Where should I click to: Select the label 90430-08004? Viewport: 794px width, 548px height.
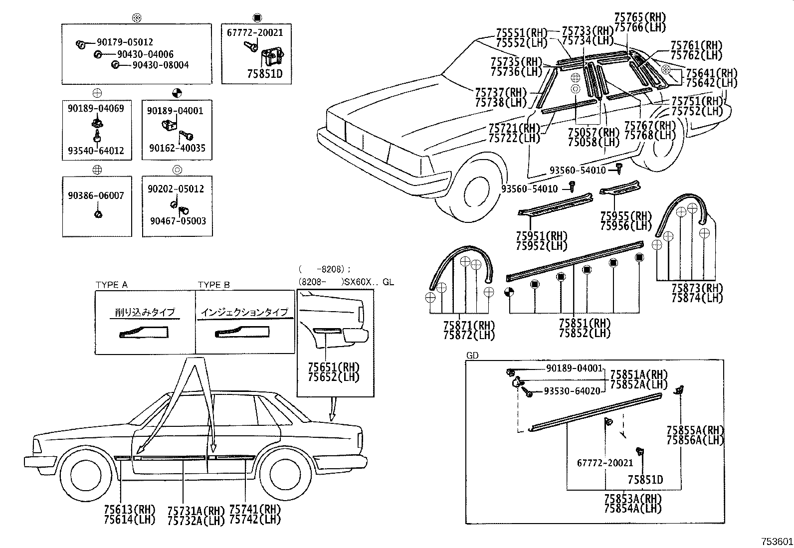[x=161, y=65]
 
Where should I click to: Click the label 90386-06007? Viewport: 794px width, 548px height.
[x=96, y=196]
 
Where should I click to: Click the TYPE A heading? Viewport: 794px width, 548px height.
[x=111, y=285]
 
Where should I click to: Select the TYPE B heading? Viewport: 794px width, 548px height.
[x=214, y=285]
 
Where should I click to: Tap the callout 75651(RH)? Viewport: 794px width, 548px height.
[x=334, y=367]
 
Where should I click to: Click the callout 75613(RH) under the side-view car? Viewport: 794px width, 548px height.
[x=130, y=510]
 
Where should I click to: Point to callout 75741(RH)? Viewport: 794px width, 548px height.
[x=255, y=510]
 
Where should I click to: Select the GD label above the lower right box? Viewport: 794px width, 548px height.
[x=472, y=356]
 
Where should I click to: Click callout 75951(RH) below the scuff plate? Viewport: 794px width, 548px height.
[x=542, y=236]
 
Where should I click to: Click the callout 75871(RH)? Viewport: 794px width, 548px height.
[x=469, y=326]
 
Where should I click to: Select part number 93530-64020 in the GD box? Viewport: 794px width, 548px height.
[x=572, y=391]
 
